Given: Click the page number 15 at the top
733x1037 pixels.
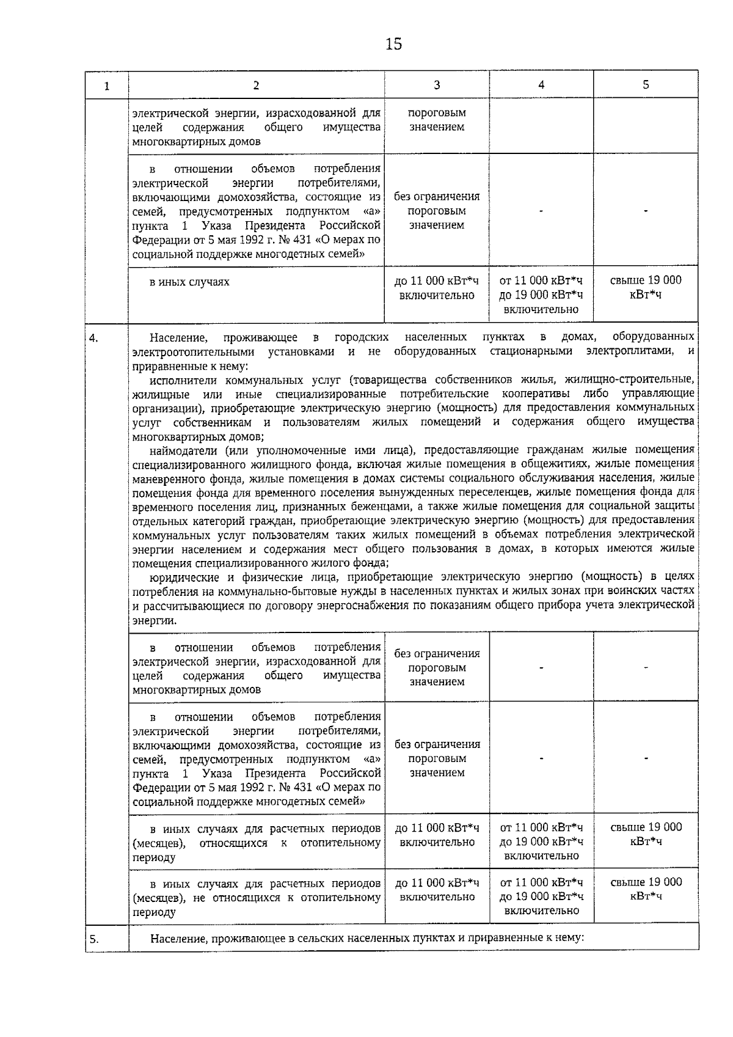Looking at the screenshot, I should point(394,44).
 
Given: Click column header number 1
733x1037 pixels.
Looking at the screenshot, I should point(107,86).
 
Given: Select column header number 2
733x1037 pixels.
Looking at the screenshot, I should point(256,86).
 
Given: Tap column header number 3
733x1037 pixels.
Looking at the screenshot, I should point(437,85).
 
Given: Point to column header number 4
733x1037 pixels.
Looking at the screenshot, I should point(541,85).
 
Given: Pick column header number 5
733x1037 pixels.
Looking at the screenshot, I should point(646,85).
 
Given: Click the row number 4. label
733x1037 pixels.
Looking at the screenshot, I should point(94,337).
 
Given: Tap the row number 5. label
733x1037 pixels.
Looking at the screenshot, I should point(94,940).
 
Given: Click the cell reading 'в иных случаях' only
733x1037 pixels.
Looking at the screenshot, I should point(190,282).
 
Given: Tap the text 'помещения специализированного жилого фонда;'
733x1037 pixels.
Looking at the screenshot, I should point(260,562).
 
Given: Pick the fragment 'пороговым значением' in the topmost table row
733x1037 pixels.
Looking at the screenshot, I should point(437,120).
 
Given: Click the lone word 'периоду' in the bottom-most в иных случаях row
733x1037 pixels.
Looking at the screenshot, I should point(153,912).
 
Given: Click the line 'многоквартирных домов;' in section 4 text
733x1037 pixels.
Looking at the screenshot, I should point(198,436).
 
